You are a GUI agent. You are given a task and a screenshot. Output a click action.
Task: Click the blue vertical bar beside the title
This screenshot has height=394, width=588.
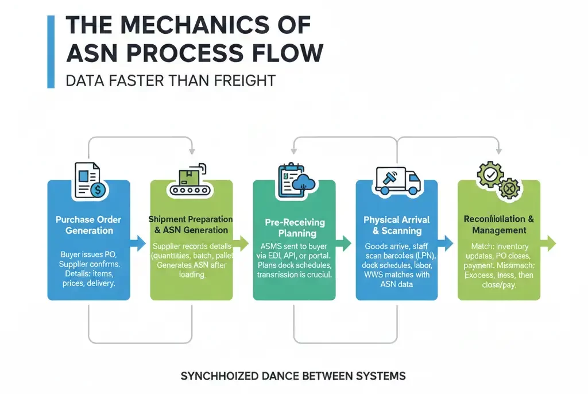pos(51,52)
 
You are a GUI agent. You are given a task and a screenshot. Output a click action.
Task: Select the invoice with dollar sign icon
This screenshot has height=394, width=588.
pos(88,179)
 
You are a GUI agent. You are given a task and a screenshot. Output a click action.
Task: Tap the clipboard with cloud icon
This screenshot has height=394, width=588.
pos(293,179)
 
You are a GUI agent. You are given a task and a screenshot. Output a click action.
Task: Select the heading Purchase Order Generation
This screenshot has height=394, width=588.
pos(88,225)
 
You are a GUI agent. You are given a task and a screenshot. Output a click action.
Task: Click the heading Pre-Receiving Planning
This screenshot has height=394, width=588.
pos(295,227)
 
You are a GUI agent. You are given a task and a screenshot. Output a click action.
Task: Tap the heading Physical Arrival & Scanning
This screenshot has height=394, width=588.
pos(397,225)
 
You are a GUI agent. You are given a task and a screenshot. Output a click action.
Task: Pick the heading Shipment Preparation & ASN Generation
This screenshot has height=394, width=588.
pos(191,225)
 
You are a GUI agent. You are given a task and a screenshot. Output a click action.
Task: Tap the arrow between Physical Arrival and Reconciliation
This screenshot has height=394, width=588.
pos(446,243)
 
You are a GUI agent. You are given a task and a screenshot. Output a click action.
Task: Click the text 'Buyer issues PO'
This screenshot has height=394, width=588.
pos(88,254)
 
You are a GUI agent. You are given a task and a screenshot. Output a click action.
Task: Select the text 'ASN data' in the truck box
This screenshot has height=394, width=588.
pos(397,284)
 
